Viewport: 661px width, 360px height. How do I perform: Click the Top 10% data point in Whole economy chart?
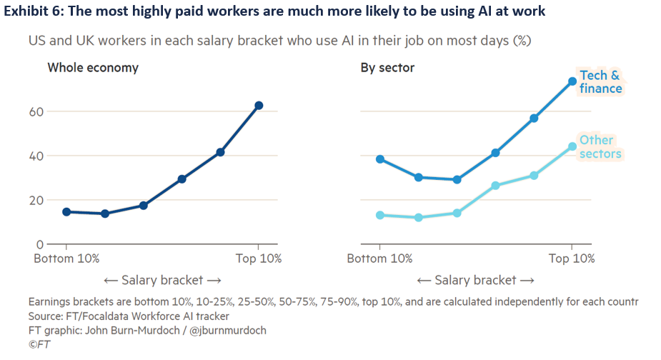tap(259, 106)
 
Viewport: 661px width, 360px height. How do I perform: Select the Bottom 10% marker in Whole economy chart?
tap(66, 211)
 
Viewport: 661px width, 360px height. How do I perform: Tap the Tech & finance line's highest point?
tap(572, 81)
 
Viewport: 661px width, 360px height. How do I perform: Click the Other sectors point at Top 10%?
tap(572, 146)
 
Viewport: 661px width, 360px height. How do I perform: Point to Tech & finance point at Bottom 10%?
tap(380, 159)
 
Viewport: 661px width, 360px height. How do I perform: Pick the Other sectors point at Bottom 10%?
tap(380, 215)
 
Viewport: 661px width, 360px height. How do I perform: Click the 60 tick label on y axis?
tap(36, 111)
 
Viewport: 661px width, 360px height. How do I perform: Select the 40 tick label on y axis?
tap(36, 156)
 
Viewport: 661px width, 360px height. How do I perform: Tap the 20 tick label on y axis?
tap(36, 200)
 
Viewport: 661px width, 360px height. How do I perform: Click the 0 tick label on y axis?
tap(39, 244)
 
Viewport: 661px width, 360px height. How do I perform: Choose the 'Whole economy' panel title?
tap(93, 68)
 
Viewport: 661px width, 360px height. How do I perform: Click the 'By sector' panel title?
tap(387, 68)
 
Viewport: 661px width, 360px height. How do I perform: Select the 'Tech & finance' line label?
tap(600, 82)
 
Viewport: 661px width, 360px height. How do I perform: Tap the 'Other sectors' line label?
tap(600, 146)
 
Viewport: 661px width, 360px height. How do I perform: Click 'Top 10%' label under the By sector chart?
tap(571, 259)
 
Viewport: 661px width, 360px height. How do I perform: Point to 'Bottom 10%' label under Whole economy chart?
tap(66, 259)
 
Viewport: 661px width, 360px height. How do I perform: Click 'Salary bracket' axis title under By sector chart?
tap(475, 280)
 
